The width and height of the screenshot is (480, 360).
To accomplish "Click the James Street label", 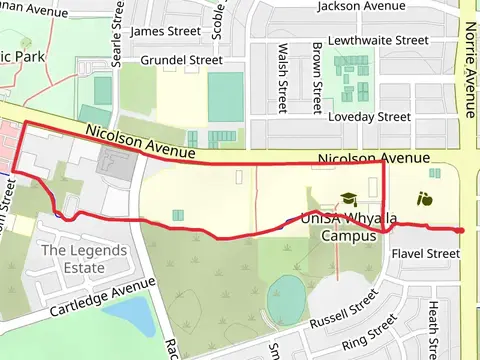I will tap(162, 31).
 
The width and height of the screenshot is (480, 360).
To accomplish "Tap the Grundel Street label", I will tap(181, 60).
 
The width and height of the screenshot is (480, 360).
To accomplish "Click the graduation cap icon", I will tap(348, 199).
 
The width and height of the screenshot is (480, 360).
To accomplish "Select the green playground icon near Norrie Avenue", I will tap(424, 198).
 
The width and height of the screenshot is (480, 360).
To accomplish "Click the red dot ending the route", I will tap(460, 231).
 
